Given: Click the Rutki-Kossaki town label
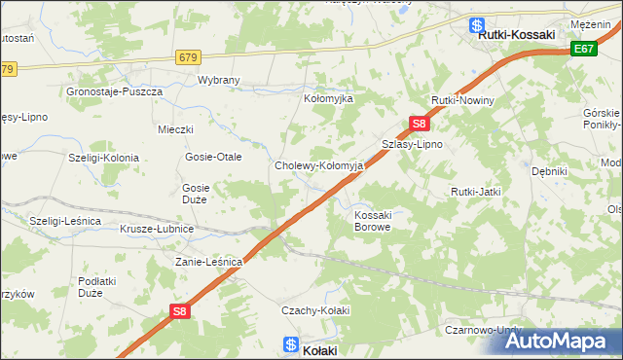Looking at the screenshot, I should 516,35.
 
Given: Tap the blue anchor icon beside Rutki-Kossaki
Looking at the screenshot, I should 477,25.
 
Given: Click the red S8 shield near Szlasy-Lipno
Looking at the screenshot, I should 419,124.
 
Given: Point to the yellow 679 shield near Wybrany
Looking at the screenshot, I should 189,57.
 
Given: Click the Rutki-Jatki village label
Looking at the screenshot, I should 475,192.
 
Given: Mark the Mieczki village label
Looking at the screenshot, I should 176,129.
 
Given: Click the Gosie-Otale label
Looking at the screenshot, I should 213,157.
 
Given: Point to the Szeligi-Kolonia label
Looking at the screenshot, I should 103,157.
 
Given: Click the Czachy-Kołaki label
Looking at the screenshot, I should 314,309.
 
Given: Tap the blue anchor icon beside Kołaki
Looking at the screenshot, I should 290,343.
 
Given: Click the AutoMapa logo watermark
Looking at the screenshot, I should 566,342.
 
